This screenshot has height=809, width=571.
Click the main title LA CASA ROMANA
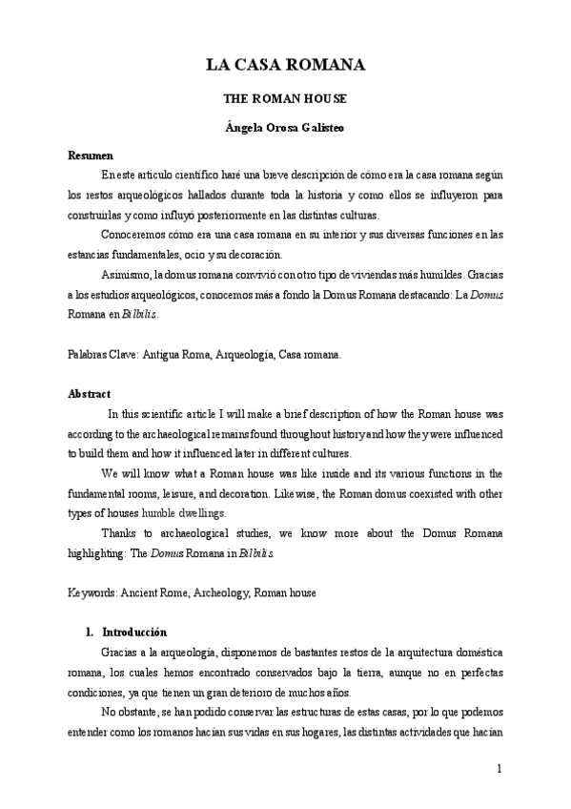click(285, 65)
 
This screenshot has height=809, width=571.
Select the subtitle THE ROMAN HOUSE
click(285, 98)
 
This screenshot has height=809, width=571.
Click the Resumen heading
click(91, 155)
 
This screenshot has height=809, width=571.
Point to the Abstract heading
click(90, 392)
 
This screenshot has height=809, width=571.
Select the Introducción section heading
click(133, 632)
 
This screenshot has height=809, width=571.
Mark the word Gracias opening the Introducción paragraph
click(119, 652)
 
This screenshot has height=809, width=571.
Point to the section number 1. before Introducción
click(90, 632)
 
